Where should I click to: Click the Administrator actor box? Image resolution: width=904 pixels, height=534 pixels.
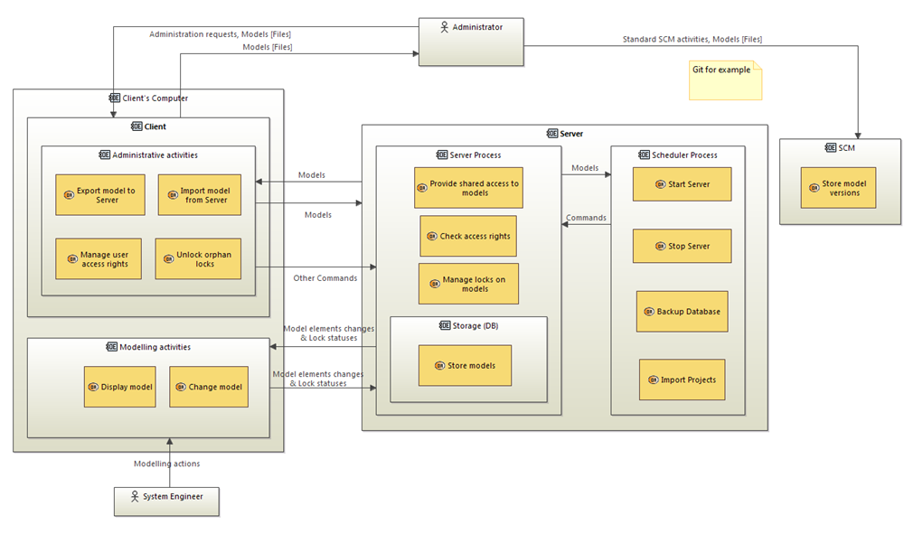click(470, 41)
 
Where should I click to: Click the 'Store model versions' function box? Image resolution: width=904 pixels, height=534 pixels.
click(838, 188)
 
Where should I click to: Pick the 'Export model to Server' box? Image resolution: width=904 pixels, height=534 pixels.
click(100, 195)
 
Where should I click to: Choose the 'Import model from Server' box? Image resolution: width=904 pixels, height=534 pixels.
click(199, 195)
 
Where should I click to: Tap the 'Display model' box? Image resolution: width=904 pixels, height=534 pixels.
click(120, 387)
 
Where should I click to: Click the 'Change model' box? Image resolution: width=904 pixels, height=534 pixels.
click(209, 387)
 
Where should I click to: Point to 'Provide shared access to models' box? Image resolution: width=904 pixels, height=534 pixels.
click(468, 188)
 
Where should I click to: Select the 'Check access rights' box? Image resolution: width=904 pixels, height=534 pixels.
click(468, 236)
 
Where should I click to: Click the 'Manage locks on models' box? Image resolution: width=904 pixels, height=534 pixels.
click(468, 284)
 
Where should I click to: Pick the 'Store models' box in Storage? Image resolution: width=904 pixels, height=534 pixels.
click(465, 366)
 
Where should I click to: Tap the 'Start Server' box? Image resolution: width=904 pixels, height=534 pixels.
click(682, 184)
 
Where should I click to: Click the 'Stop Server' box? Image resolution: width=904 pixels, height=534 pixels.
click(682, 246)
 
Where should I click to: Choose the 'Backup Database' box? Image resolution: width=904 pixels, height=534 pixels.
click(682, 311)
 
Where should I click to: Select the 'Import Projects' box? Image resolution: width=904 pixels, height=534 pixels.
click(682, 379)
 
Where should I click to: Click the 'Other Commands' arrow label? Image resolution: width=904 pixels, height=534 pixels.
click(325, 277)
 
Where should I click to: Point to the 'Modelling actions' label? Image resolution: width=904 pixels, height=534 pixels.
click(167, 464)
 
